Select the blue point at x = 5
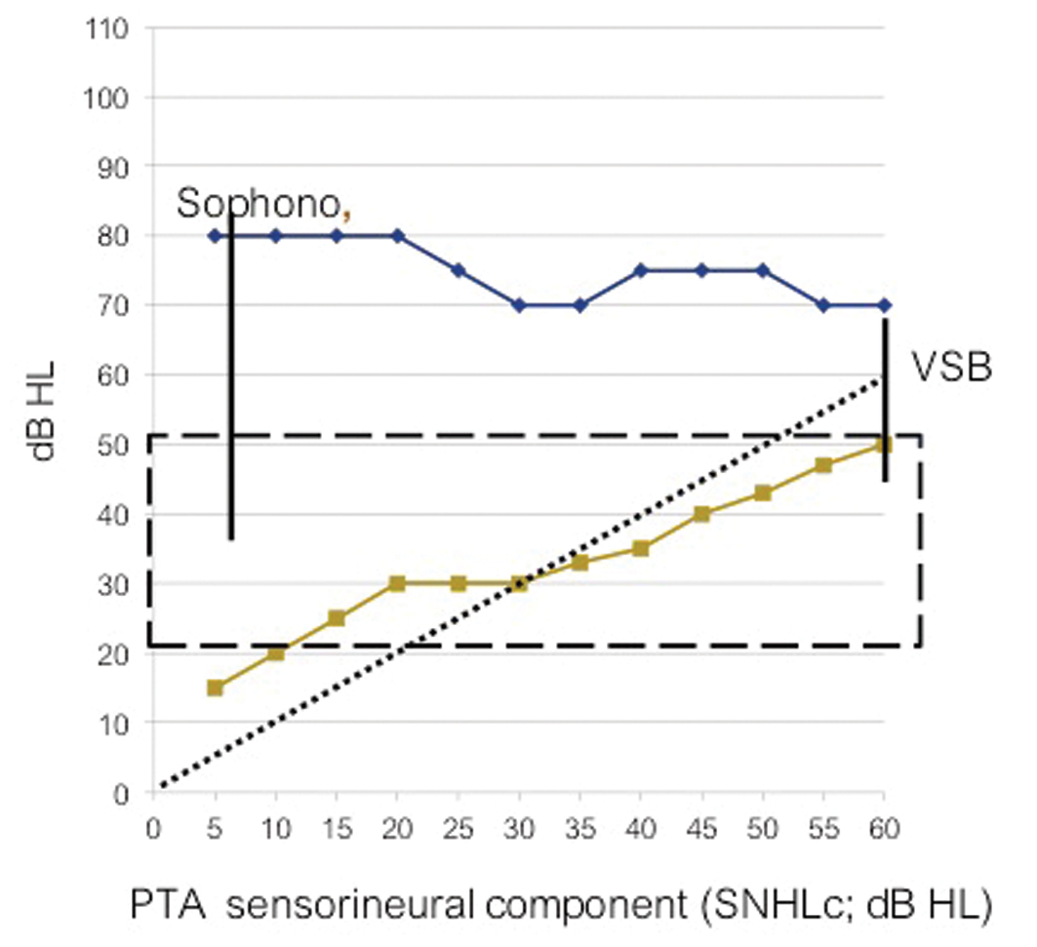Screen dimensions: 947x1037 click(x=215, y=235)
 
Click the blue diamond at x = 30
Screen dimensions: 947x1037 click(x=519, y=305)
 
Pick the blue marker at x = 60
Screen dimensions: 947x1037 click(x=884, y=305)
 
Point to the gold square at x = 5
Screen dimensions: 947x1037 click(x=215, y=688)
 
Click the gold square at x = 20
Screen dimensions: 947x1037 click(x=397, y=583)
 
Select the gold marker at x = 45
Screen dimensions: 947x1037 click(x=701, y=514)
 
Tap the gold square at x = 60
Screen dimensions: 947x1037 click(x=884, y=445)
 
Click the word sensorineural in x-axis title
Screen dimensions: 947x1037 click(x=339, y=904)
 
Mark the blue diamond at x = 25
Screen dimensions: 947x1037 click(x=458, y=270)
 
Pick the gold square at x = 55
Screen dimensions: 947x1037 click(x=823, y=465)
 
